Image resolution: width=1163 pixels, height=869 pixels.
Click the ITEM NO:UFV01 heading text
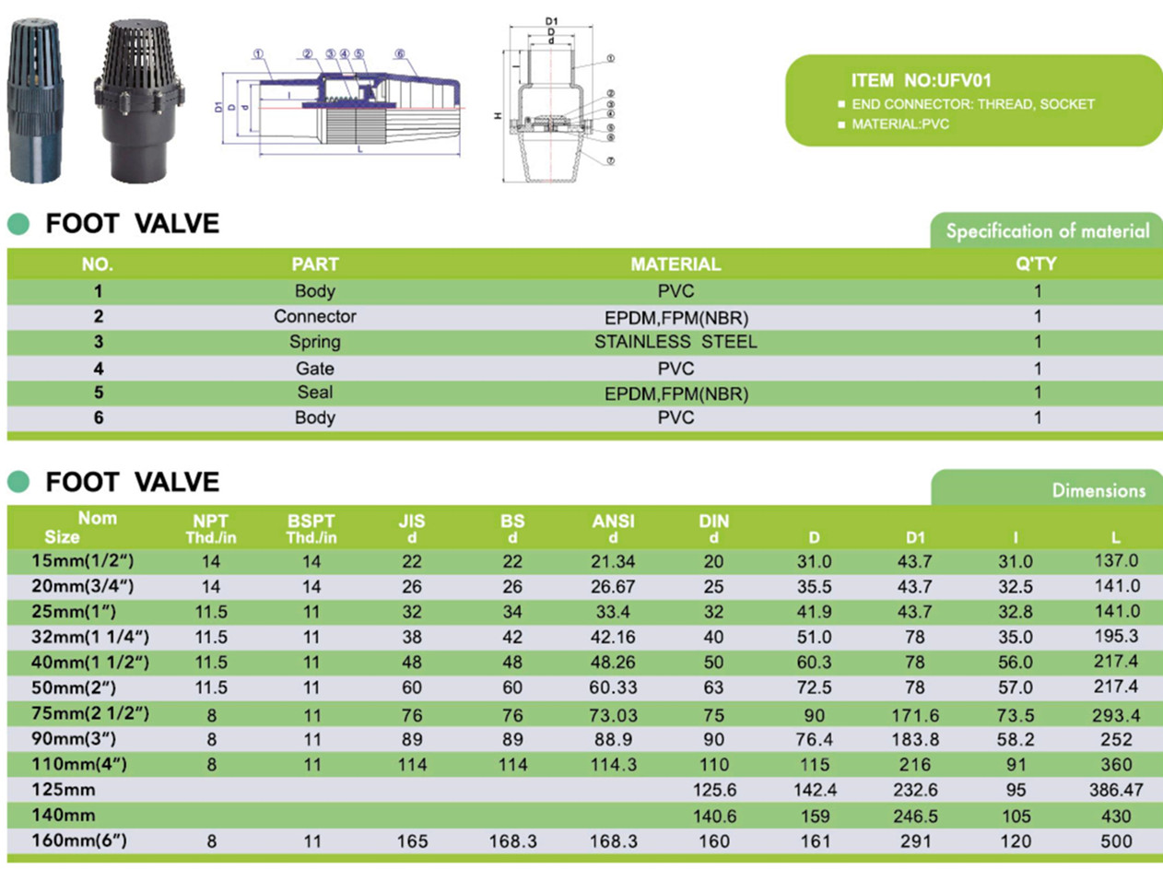pos(921,80)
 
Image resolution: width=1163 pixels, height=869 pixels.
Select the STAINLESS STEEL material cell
pos(675,342)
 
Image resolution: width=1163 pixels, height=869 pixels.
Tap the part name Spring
pos(315,342)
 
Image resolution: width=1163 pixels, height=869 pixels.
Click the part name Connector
pos(315,316)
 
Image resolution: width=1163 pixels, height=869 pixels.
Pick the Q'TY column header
pos(1037,264)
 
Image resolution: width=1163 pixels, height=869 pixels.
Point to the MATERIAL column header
pos(675,264)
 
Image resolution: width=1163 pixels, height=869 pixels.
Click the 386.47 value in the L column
pos(1116,790)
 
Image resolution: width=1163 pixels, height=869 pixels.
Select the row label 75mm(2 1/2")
pos(90,713)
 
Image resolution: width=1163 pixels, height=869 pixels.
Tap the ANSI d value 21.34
pos(613,561)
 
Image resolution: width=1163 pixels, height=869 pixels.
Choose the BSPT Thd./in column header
pos(311,529)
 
